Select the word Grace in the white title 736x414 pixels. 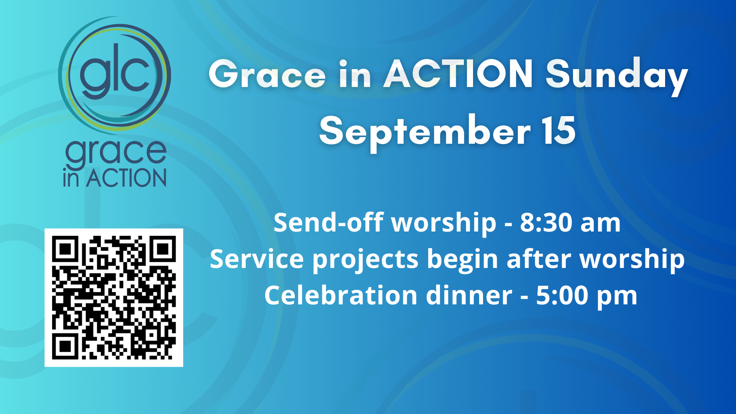pyautogui.click(x=267, y=74)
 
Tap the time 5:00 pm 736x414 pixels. pyautogui.click(x=586, y=296)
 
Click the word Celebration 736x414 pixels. pyautogui.click(x=341, y=296)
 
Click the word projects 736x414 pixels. pyautogui.click(x=365, y=260)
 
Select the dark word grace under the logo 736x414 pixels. pyautogui.click(x=116, y=153)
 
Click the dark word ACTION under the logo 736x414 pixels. pyautogui.click(x=126, y=178)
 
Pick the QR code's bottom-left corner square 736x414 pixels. pyautogui.click(x=66, y=346)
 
